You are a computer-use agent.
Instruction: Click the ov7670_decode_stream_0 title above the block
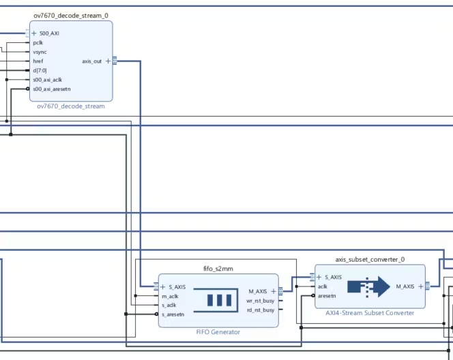pos(71,15)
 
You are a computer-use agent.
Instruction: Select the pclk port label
pos(38,42)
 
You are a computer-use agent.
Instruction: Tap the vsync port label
pos(40,52)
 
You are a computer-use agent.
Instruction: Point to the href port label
pos(38,61)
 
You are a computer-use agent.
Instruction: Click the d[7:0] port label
pos(40,70)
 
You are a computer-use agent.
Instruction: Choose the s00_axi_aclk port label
pos(47,79)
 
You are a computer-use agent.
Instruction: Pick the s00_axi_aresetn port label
pos(51,89)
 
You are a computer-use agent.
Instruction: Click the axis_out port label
pos(91,61)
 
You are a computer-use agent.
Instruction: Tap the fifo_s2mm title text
pos(218,269)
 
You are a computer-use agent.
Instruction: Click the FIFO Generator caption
pos(218,332)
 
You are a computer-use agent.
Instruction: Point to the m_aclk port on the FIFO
pos(170,296)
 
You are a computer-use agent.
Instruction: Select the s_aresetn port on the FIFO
pos(173,314)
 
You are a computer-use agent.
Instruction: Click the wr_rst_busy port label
pos(261,300)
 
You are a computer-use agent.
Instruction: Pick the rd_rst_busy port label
pos(261,310)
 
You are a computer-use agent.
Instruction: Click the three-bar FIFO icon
pos(219,299)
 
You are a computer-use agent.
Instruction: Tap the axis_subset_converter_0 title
pos(370,260)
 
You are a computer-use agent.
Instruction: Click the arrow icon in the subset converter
pos(368,286)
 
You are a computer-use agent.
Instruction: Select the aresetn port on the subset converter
pos(327,296)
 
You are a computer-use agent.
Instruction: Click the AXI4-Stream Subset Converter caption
pos(370,313)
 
